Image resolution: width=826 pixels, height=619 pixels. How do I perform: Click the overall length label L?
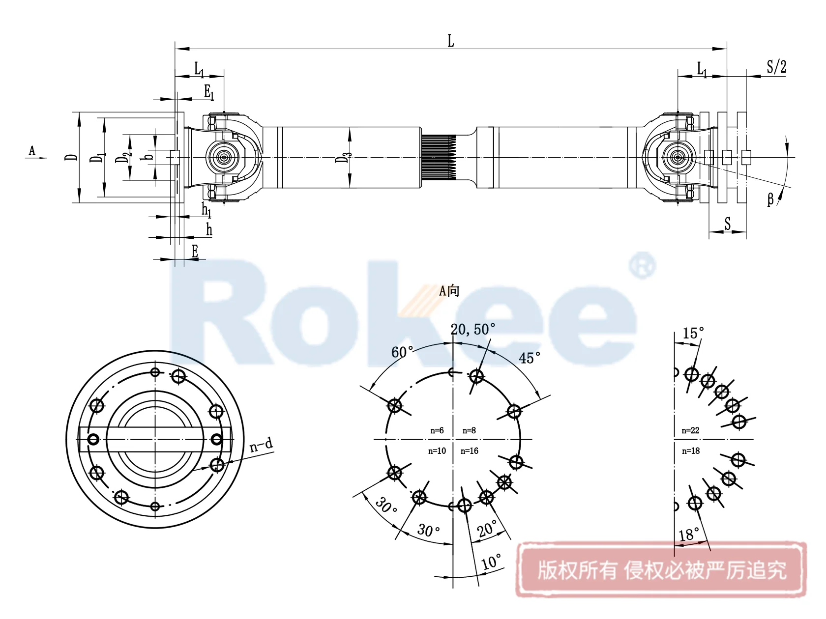[x=450, y=41]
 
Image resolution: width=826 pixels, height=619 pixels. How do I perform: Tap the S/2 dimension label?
[x=776, y=67]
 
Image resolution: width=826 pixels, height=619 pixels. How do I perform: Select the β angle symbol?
[x=770, y=199]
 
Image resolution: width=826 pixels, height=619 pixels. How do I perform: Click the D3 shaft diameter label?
[x=343, y=157]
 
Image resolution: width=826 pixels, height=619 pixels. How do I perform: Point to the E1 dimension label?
[x=209, y=92]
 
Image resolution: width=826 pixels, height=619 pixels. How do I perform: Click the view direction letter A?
[x=32, y=151]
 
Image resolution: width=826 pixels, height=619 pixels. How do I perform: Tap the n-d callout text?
[x=261, y=445]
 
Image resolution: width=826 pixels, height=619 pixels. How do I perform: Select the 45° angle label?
[x=530, y=358]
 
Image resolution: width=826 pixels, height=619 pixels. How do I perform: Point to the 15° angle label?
[x=693, y=334]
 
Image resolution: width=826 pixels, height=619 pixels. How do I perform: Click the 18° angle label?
[x=689, y=535]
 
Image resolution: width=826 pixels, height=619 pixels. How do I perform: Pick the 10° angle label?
[x=491, y=562]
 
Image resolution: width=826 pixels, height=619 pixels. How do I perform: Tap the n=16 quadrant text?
[x=469, y=451]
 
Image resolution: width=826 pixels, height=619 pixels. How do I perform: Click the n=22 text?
[x=690, y=430]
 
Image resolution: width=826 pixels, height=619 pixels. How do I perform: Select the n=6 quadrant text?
[x=437, y=430]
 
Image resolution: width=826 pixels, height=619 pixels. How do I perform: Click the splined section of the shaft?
[x=439, y=157]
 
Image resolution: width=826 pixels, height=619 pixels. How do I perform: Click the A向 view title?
[x=449, y=291]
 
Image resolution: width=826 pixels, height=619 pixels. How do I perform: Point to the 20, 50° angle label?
[x=472, y=329]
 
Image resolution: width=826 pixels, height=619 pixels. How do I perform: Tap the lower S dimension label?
[x=728, y=224]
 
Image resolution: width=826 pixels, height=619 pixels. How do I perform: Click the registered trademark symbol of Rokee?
[x=642, y=266]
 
